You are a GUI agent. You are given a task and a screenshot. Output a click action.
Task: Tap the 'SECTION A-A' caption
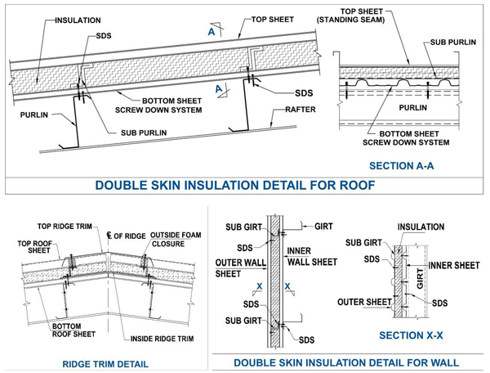(x=403, y=166)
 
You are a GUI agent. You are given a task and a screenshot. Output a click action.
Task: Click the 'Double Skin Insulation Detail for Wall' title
(x=346, y=362)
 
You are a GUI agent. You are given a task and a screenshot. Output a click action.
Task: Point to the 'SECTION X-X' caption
(x=412, y=335)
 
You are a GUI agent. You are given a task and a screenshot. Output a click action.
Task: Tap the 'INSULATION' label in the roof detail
(x=78, y=20)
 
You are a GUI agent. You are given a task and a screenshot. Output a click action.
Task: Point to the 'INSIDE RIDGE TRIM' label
(x=161, y=338)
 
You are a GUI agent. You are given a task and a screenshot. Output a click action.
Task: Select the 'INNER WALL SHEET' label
(x=311, y=256)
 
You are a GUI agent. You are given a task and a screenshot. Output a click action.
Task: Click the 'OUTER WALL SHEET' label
(x=238, y=268)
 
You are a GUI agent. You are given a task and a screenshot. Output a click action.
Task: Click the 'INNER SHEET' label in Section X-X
(x=453, y=266)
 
